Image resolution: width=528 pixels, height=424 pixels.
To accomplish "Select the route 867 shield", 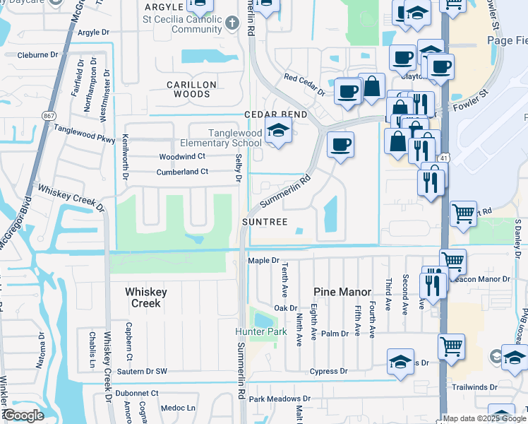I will [x=49, y=115].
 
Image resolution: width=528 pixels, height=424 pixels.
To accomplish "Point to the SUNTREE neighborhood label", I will [x=265, y=222].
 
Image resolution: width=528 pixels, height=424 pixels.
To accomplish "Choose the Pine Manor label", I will [x=342, y=290].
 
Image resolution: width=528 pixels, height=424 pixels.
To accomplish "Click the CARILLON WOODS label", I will [x=191, y=89].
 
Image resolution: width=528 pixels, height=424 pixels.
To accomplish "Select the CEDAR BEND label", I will [x=276, y=114].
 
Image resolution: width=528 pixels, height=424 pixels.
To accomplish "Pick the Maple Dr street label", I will [x=264, y=261].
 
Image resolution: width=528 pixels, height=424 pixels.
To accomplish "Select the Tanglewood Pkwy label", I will [x=85, y=134].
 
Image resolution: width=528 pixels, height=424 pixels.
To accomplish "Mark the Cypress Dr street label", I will [x=329, y=371].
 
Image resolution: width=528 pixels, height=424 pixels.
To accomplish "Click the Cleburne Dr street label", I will [x=29, y=54].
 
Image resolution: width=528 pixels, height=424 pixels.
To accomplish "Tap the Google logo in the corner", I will [x=23, y=416].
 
